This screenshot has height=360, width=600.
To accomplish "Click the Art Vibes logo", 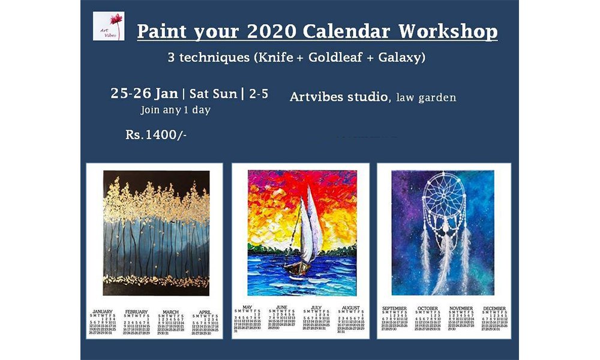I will [x=109, y=26].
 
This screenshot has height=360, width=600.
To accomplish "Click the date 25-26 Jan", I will [x=144, y=94].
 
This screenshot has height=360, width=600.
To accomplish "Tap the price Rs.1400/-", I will [x=156, y=134].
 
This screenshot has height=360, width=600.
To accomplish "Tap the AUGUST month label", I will [x=351, y=308].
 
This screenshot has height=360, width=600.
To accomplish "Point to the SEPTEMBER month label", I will [x=394, y=308].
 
